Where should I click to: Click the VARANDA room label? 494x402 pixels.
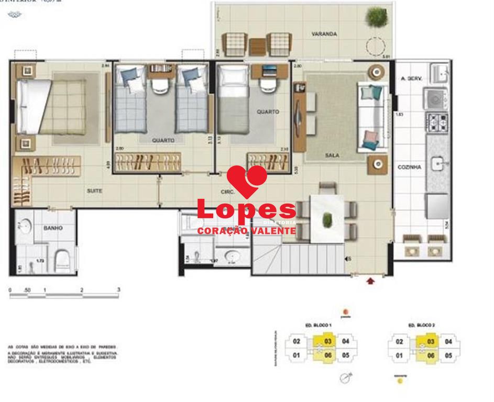coord(324,34)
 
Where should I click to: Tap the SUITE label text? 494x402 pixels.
coord(95,191)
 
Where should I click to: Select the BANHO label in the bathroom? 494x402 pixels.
coord(53,228)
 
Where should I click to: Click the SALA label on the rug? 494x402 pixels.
coord(332,155)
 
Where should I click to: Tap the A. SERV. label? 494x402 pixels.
coord(411,79)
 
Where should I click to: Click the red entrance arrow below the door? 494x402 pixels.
coord(371,281)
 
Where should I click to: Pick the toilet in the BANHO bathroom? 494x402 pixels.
coord(62,259)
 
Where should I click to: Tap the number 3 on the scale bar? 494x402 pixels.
coord(119,289)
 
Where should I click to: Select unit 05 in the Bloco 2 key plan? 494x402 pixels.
coord(448,355)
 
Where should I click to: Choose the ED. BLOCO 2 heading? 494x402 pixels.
coord(422,325)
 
